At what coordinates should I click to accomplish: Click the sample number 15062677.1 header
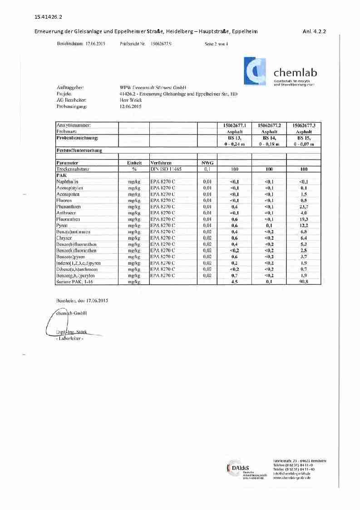point(235,124)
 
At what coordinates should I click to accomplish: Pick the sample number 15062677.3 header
point(304,124)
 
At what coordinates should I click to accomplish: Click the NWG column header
point(207,163)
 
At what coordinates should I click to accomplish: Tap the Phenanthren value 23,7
point(304,207)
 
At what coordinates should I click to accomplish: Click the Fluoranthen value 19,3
point(304,219)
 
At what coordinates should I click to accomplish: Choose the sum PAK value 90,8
point(304,282)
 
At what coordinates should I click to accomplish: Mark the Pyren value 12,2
point(304,226)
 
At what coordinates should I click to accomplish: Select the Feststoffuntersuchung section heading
point(79,150)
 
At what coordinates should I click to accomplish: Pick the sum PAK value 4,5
point(235,282)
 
